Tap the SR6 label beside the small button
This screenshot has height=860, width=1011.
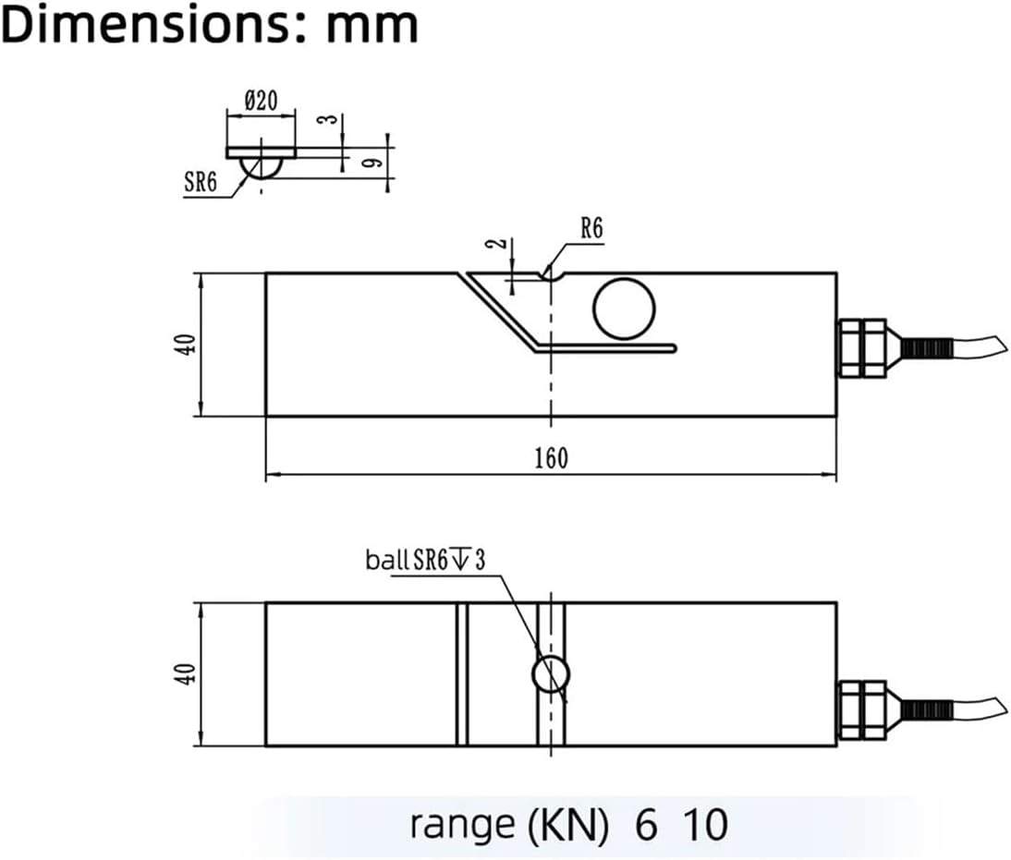click(x=200, y=182)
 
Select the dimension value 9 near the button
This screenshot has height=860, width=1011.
click(x=370, y=163)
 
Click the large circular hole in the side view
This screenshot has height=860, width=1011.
click(x=624, y=308)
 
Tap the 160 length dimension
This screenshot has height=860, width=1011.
click(x=552, y=457)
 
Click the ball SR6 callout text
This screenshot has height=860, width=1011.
click(x=425, y=560)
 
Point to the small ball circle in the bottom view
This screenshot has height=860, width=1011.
click(x=551, y=674)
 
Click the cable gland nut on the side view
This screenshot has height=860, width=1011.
click(x=860, y=347)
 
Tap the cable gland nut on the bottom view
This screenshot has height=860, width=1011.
click(x=860, y=710)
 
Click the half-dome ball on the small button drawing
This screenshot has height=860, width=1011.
click(x=261, y=167)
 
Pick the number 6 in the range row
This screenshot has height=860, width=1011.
click(x=647, y=824)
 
